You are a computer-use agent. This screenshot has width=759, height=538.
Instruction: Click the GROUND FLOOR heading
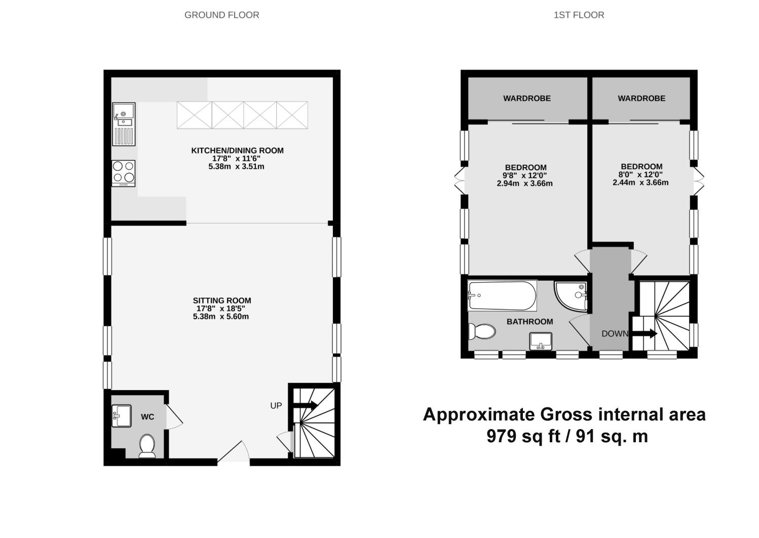pos(221,15)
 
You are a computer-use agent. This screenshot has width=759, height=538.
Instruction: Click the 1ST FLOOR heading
pos(579,15)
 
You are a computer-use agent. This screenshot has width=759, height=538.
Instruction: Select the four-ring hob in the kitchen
pos(124,172)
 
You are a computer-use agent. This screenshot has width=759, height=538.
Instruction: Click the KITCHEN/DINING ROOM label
pos(237,150)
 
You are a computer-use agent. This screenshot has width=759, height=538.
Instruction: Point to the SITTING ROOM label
pos(221,300)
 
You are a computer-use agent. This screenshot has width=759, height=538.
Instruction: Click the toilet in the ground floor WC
pos(147,445)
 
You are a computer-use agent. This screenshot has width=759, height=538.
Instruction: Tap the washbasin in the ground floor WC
pos(122,415)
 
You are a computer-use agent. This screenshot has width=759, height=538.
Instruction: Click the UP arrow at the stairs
pos(305,405)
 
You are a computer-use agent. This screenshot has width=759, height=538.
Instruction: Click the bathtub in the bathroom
pos(502,296)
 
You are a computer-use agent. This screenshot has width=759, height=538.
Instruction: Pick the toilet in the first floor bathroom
pos(481,332)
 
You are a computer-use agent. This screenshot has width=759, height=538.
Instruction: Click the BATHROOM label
pos(529,322)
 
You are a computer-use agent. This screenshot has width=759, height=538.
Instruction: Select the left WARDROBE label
pos(526,98)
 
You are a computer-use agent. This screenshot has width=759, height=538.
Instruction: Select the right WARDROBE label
pos(641,98)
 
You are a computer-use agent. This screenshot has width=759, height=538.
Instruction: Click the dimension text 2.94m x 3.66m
pos(524,183)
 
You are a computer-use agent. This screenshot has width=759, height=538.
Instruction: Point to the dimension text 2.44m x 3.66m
pos(640,182)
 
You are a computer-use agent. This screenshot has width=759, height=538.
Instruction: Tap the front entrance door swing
pos(234,452)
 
